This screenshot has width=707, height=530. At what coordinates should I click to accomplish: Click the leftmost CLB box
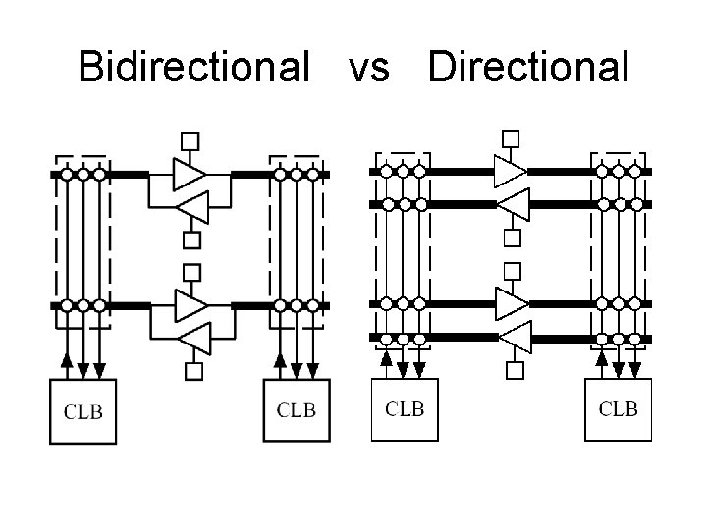tap(83, 411)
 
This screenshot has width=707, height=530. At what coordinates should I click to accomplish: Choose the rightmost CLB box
tap(618, 408)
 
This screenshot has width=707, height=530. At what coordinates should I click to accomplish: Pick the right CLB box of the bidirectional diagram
tap(298, 411)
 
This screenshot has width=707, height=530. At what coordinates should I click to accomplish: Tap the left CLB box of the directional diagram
tap(405, 408)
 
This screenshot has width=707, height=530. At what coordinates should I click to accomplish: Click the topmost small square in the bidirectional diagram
tap(192, 139)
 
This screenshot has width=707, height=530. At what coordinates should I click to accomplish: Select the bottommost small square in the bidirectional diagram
tap(193, 371)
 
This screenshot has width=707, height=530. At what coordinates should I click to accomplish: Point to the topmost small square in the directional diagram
tap(511, 137)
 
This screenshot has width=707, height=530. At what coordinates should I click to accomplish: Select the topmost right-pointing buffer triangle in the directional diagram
tap(510, 171)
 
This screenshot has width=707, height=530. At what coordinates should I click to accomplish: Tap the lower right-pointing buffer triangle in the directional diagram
tap(510, 303)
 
